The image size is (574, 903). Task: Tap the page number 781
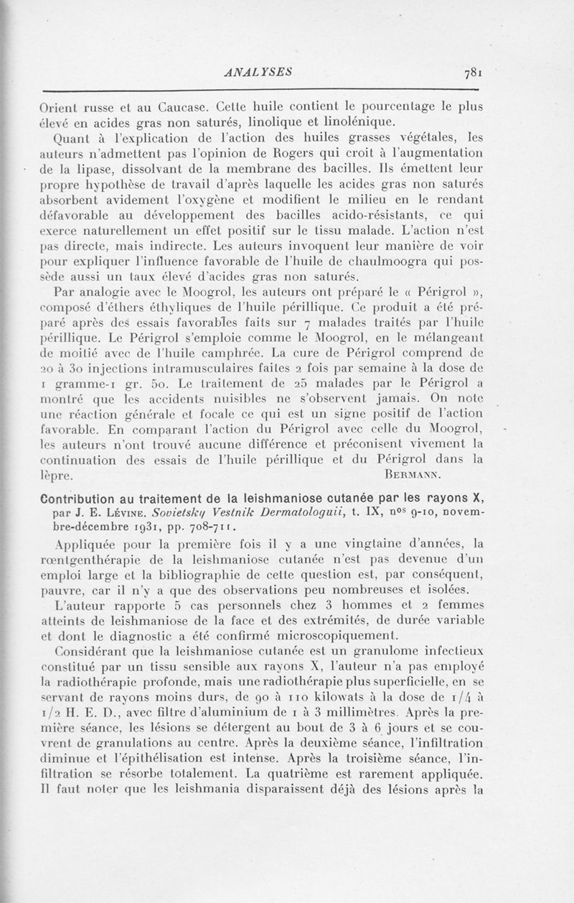pos(476,72)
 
